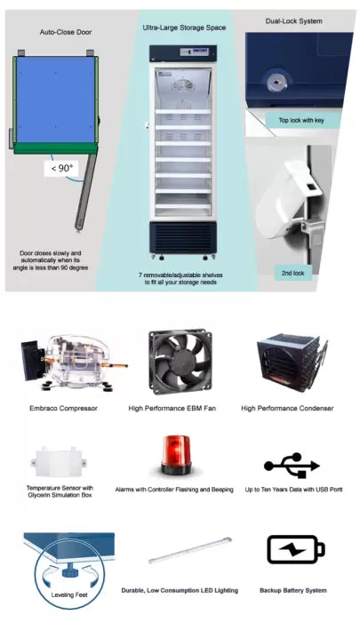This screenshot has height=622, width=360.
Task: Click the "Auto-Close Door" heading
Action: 65,33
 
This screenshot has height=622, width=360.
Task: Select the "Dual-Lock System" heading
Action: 293,20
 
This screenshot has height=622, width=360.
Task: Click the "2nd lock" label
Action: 292,273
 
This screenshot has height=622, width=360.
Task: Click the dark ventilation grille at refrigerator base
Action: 181,236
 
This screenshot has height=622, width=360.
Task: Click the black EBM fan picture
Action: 180,362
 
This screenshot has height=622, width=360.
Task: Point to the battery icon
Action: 295,549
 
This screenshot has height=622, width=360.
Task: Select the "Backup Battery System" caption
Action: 293,590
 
